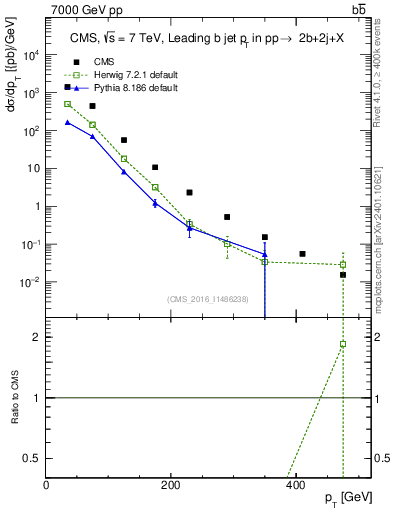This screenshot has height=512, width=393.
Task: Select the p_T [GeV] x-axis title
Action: tap(348, 498)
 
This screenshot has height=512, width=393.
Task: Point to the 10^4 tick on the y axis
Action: tap(32, 55)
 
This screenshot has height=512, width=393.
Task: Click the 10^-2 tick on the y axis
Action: tap(32, 282)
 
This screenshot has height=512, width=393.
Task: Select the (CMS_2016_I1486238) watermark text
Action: tap(208, 299)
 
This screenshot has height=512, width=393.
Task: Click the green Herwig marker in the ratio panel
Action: tap(342, 344)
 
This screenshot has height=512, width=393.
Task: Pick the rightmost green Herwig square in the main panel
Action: tap(342, 265)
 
